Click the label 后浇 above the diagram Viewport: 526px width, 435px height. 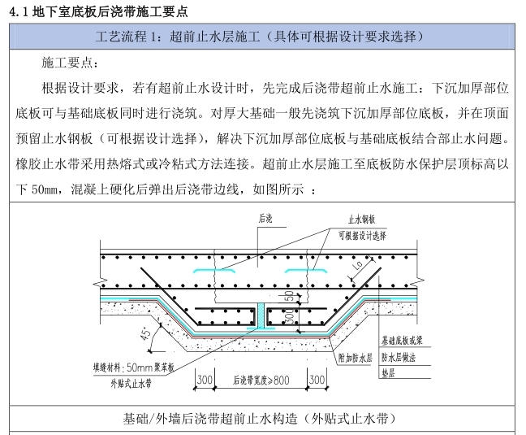click(265, 218)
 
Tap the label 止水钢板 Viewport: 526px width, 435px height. click(362, 220)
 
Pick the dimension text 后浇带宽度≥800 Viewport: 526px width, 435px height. click(260, 380)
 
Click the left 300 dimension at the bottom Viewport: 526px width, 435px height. click(204, 380)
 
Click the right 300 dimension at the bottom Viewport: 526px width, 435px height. click(317, 380)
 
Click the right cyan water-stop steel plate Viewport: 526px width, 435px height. click(305, 271)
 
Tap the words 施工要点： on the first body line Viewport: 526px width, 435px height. click(71, 63)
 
